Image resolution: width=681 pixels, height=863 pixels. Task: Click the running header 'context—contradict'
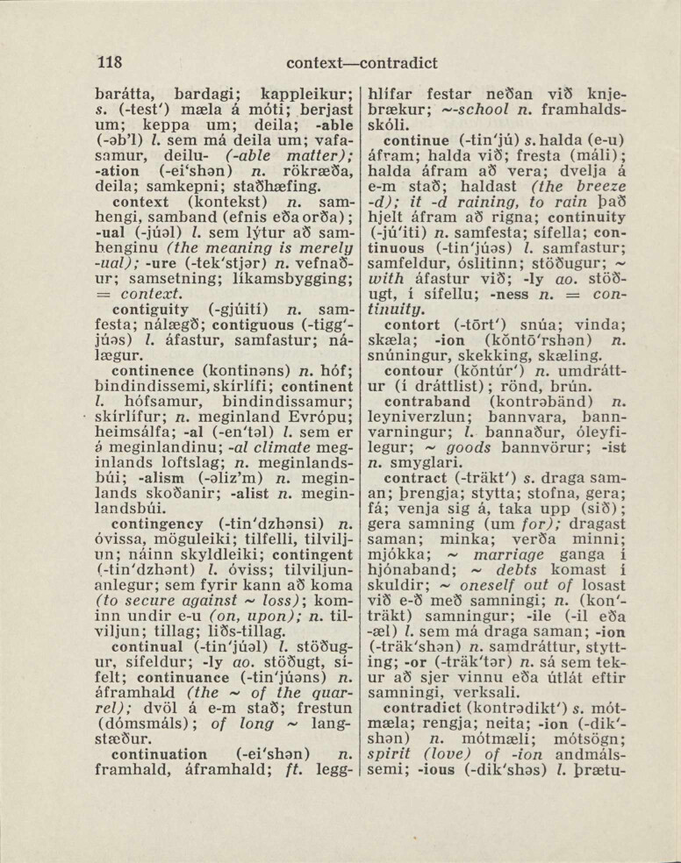362,63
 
